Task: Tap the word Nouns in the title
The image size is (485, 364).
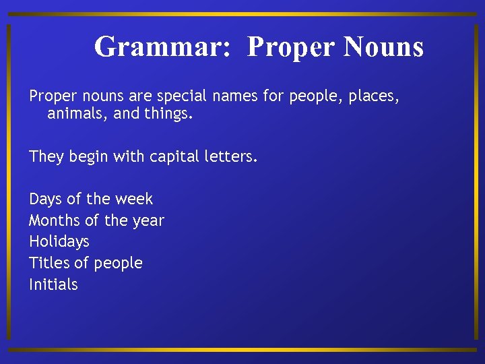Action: tap(383, 47)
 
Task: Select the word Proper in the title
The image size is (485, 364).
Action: tap(290, 47)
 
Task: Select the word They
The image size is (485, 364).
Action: tap(46, 157)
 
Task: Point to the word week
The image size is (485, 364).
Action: tap(134, 200)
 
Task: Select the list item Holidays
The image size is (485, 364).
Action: tap(59, 242)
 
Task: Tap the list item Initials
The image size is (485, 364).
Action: tap(53, 284)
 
